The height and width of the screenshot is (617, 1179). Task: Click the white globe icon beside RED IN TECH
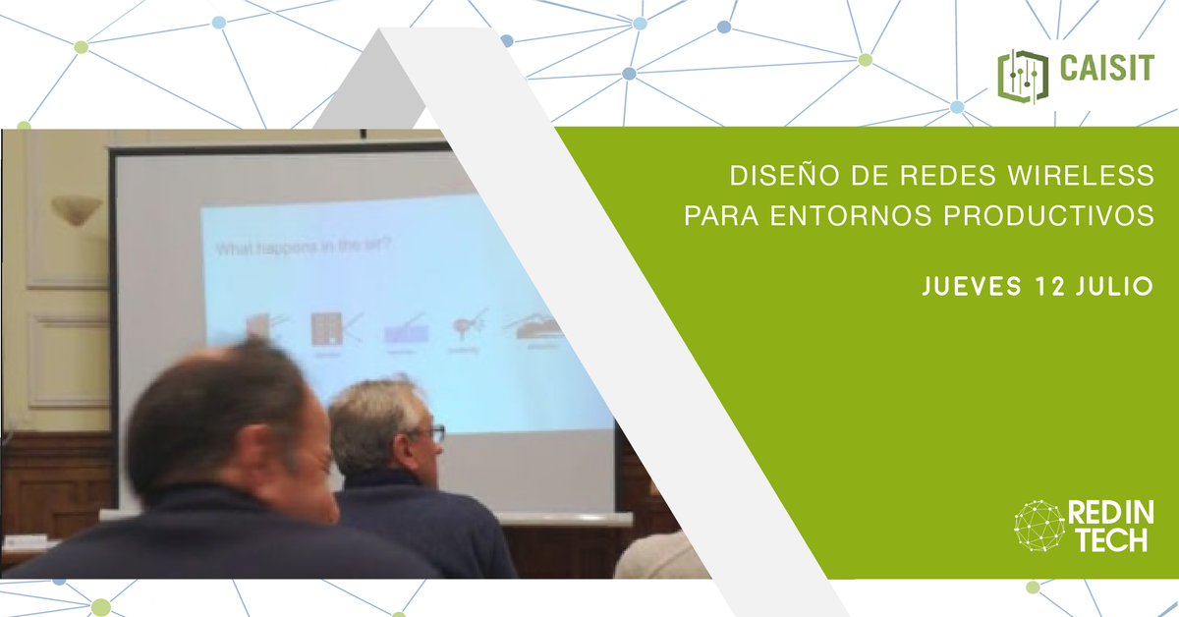(x=1039, y=526)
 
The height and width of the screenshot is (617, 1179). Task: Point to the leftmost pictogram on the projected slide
(x=258, y=325)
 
